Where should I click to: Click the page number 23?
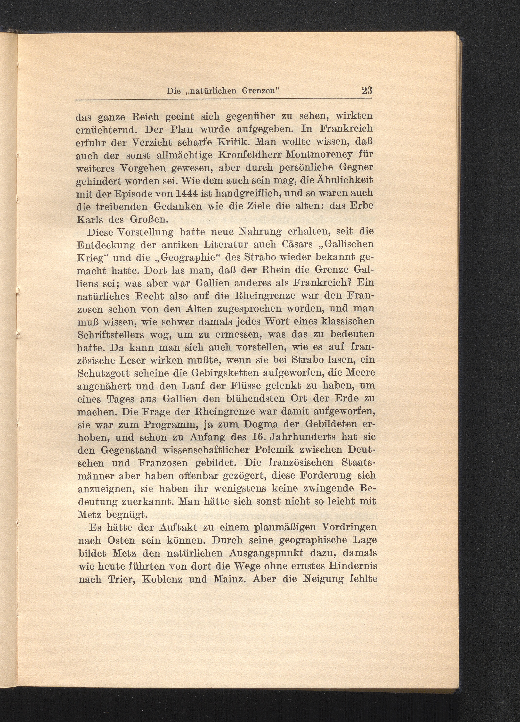pyautogui.click(x=367, y=91)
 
